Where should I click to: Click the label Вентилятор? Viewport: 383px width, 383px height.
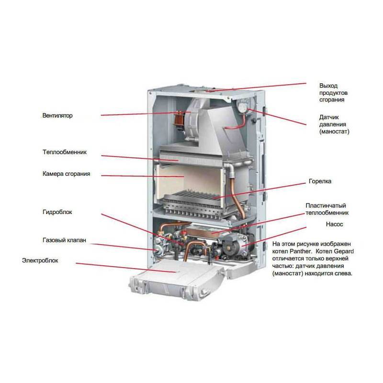[57, 116]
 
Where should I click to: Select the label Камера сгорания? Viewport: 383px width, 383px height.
[66, 174]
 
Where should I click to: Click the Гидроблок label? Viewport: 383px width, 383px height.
[57, 212]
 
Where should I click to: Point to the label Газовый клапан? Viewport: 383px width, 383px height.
[64, 240]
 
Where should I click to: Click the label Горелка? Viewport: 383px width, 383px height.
[320, 182]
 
